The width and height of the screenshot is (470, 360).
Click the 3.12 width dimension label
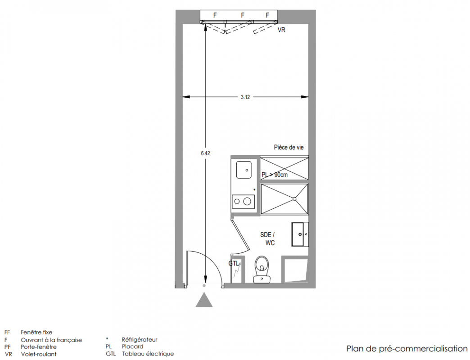click(245, 97)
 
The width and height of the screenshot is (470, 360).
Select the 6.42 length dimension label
click(205, 153)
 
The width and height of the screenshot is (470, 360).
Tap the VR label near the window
click(281, 30)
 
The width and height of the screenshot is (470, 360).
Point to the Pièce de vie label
click(289, 147)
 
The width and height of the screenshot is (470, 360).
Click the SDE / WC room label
click(268, 238)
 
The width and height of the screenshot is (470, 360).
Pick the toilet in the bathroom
click(262, 269)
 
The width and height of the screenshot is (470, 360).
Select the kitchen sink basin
click(244, 170)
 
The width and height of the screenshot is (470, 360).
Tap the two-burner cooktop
click(244, 202)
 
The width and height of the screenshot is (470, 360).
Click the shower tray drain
click(294, 199)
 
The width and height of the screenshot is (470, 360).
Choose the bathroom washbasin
click(300, 234)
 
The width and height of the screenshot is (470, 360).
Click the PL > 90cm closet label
click(275, 175)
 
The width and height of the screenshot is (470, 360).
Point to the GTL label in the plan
click(234, 264)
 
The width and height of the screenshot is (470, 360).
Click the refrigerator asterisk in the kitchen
click(254, 189)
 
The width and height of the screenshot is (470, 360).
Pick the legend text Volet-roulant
click(38, 354)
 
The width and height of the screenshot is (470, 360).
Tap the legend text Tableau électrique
click(148, 354)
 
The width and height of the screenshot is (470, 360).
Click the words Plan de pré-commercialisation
click(407, 349)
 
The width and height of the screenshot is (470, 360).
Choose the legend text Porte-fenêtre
click(38, 347)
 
